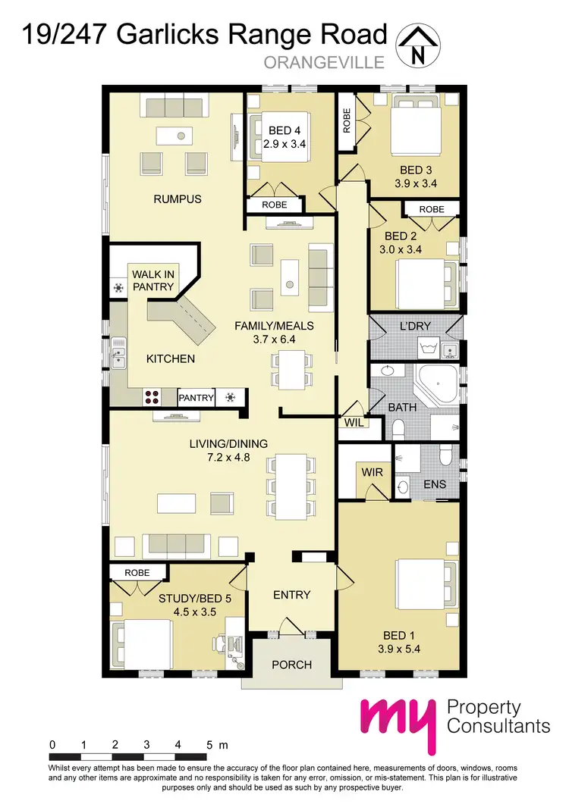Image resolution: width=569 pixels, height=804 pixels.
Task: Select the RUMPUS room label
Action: (178, 199)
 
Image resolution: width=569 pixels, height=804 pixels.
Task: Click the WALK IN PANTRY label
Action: (152, 280)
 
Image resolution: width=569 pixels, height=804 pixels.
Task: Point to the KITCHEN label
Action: (171, 358)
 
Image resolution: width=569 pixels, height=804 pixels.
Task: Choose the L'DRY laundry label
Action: (415, 326)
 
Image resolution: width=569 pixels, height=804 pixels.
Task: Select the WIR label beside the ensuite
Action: (373, 472)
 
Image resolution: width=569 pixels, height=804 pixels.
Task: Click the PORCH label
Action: (291, 665)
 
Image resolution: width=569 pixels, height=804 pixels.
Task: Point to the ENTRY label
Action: (291, 595)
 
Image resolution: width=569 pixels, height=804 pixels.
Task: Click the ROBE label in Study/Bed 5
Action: (137, 574)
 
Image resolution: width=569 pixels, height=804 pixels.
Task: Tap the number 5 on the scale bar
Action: (209, 745)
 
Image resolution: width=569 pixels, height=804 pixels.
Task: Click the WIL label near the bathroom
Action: (352, 421)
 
